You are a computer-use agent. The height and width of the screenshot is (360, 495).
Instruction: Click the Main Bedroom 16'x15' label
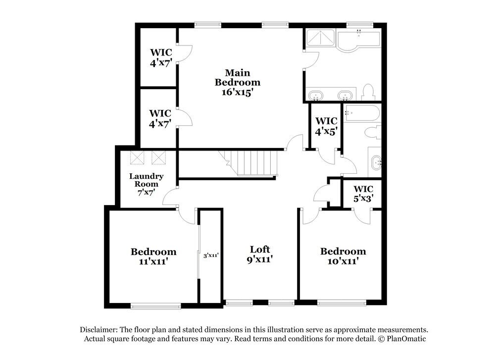pos(237,82)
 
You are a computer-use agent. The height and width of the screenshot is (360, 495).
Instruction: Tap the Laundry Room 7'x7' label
pos(147,184)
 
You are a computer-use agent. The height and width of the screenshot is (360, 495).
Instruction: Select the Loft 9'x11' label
pos(259,254)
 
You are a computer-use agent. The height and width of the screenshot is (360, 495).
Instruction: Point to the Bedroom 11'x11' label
pos(153,257)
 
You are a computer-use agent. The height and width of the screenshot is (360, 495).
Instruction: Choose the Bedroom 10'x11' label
pos(343,256)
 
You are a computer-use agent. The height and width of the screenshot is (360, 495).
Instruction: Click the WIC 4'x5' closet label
pos(326,126)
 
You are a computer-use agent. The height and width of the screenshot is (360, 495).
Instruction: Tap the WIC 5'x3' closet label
pos(363,193)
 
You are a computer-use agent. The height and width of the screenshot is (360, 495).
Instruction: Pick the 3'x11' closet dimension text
pos(211,256)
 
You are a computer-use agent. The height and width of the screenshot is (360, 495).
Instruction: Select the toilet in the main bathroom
pos(367,92)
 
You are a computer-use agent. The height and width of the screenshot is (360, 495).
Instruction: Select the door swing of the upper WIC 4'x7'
pos(185,53)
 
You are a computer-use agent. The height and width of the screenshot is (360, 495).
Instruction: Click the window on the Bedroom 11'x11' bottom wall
pos(151,305)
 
